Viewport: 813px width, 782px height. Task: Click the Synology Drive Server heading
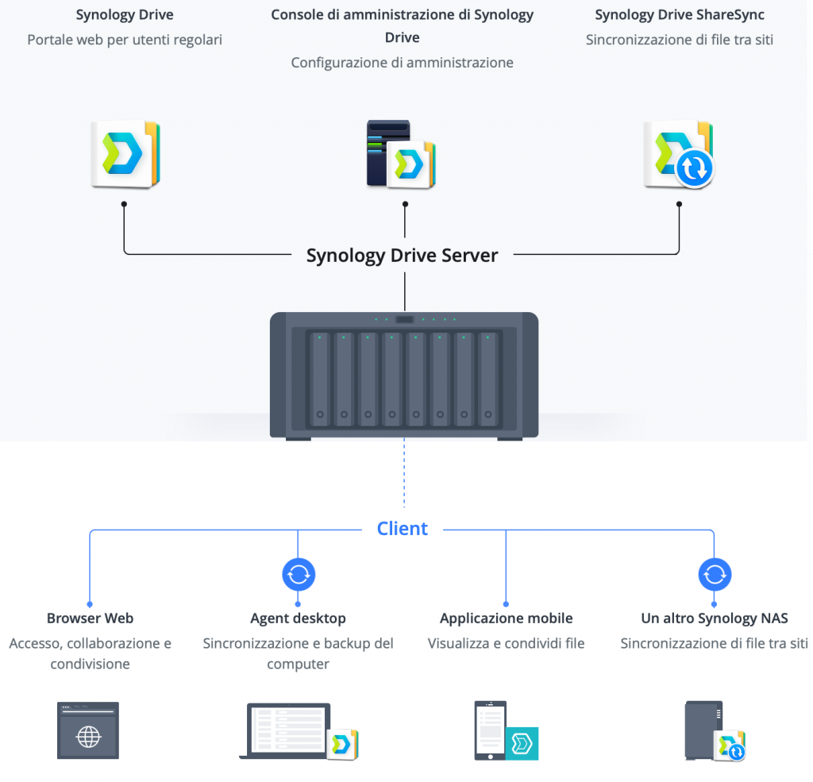[403, 256]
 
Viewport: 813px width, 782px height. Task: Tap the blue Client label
[403, 529]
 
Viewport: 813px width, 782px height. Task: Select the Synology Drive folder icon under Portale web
[125, 154]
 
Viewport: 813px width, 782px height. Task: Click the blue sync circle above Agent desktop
[299, 574]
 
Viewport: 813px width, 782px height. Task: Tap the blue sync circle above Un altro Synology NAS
[715, 574]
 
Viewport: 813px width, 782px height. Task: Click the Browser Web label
[90, 618]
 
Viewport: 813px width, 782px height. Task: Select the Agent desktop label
[299, 618]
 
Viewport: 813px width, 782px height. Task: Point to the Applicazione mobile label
[507, 618]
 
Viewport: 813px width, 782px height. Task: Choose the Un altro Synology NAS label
[715, 618]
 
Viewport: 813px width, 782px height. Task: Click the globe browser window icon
[88, 731]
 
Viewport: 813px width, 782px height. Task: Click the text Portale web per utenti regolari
[125, 39]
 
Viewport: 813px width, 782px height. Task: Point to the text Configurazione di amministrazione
[403, 63]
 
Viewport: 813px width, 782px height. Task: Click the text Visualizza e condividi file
[507, 643]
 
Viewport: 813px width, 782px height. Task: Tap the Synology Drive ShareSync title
[680, 15]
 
